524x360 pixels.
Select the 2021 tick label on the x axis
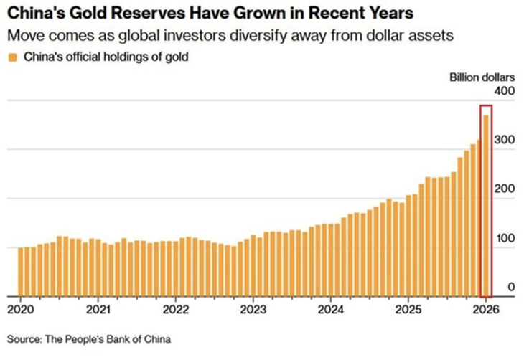98,310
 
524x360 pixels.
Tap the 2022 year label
175,310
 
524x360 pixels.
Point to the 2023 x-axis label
253,310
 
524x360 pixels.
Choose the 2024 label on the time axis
330,310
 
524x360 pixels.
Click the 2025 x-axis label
408,310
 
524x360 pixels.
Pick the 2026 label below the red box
485,310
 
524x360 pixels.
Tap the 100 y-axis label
504,238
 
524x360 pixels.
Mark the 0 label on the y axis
511,287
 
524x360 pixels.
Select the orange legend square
12,57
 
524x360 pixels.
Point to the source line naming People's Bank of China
89,338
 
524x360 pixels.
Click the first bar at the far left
21,272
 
